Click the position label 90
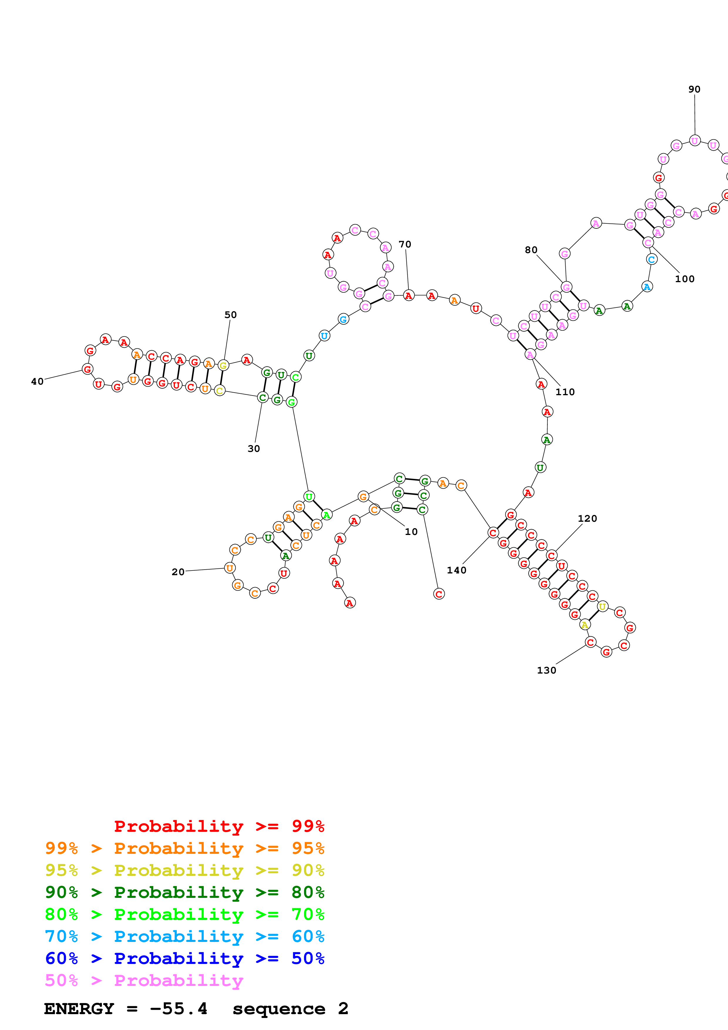point(694,89)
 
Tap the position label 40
point(37,381)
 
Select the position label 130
point(546,670)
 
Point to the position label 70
point(405,245)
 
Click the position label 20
point(178,572)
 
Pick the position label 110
point(565,392)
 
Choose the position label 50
point(231,315)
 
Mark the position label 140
point(457,570)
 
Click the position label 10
point(411,532)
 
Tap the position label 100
point(685,279)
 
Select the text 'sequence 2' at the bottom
point(290,1009)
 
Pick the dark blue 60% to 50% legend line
point(184,958)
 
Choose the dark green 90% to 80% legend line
point(184,892)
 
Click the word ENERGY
point(79,1009)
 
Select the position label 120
point(587,519)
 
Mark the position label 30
point(254,449)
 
